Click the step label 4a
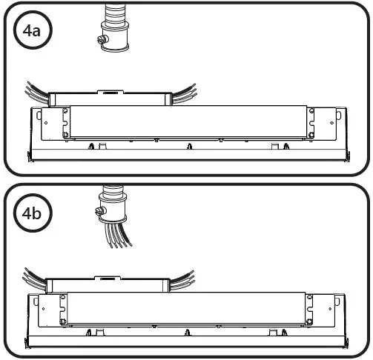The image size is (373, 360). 31,32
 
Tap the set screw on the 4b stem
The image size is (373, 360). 99,211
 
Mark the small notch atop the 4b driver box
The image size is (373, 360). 108,279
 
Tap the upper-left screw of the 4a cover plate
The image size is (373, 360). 65,112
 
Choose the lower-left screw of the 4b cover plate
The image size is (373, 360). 65,321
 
